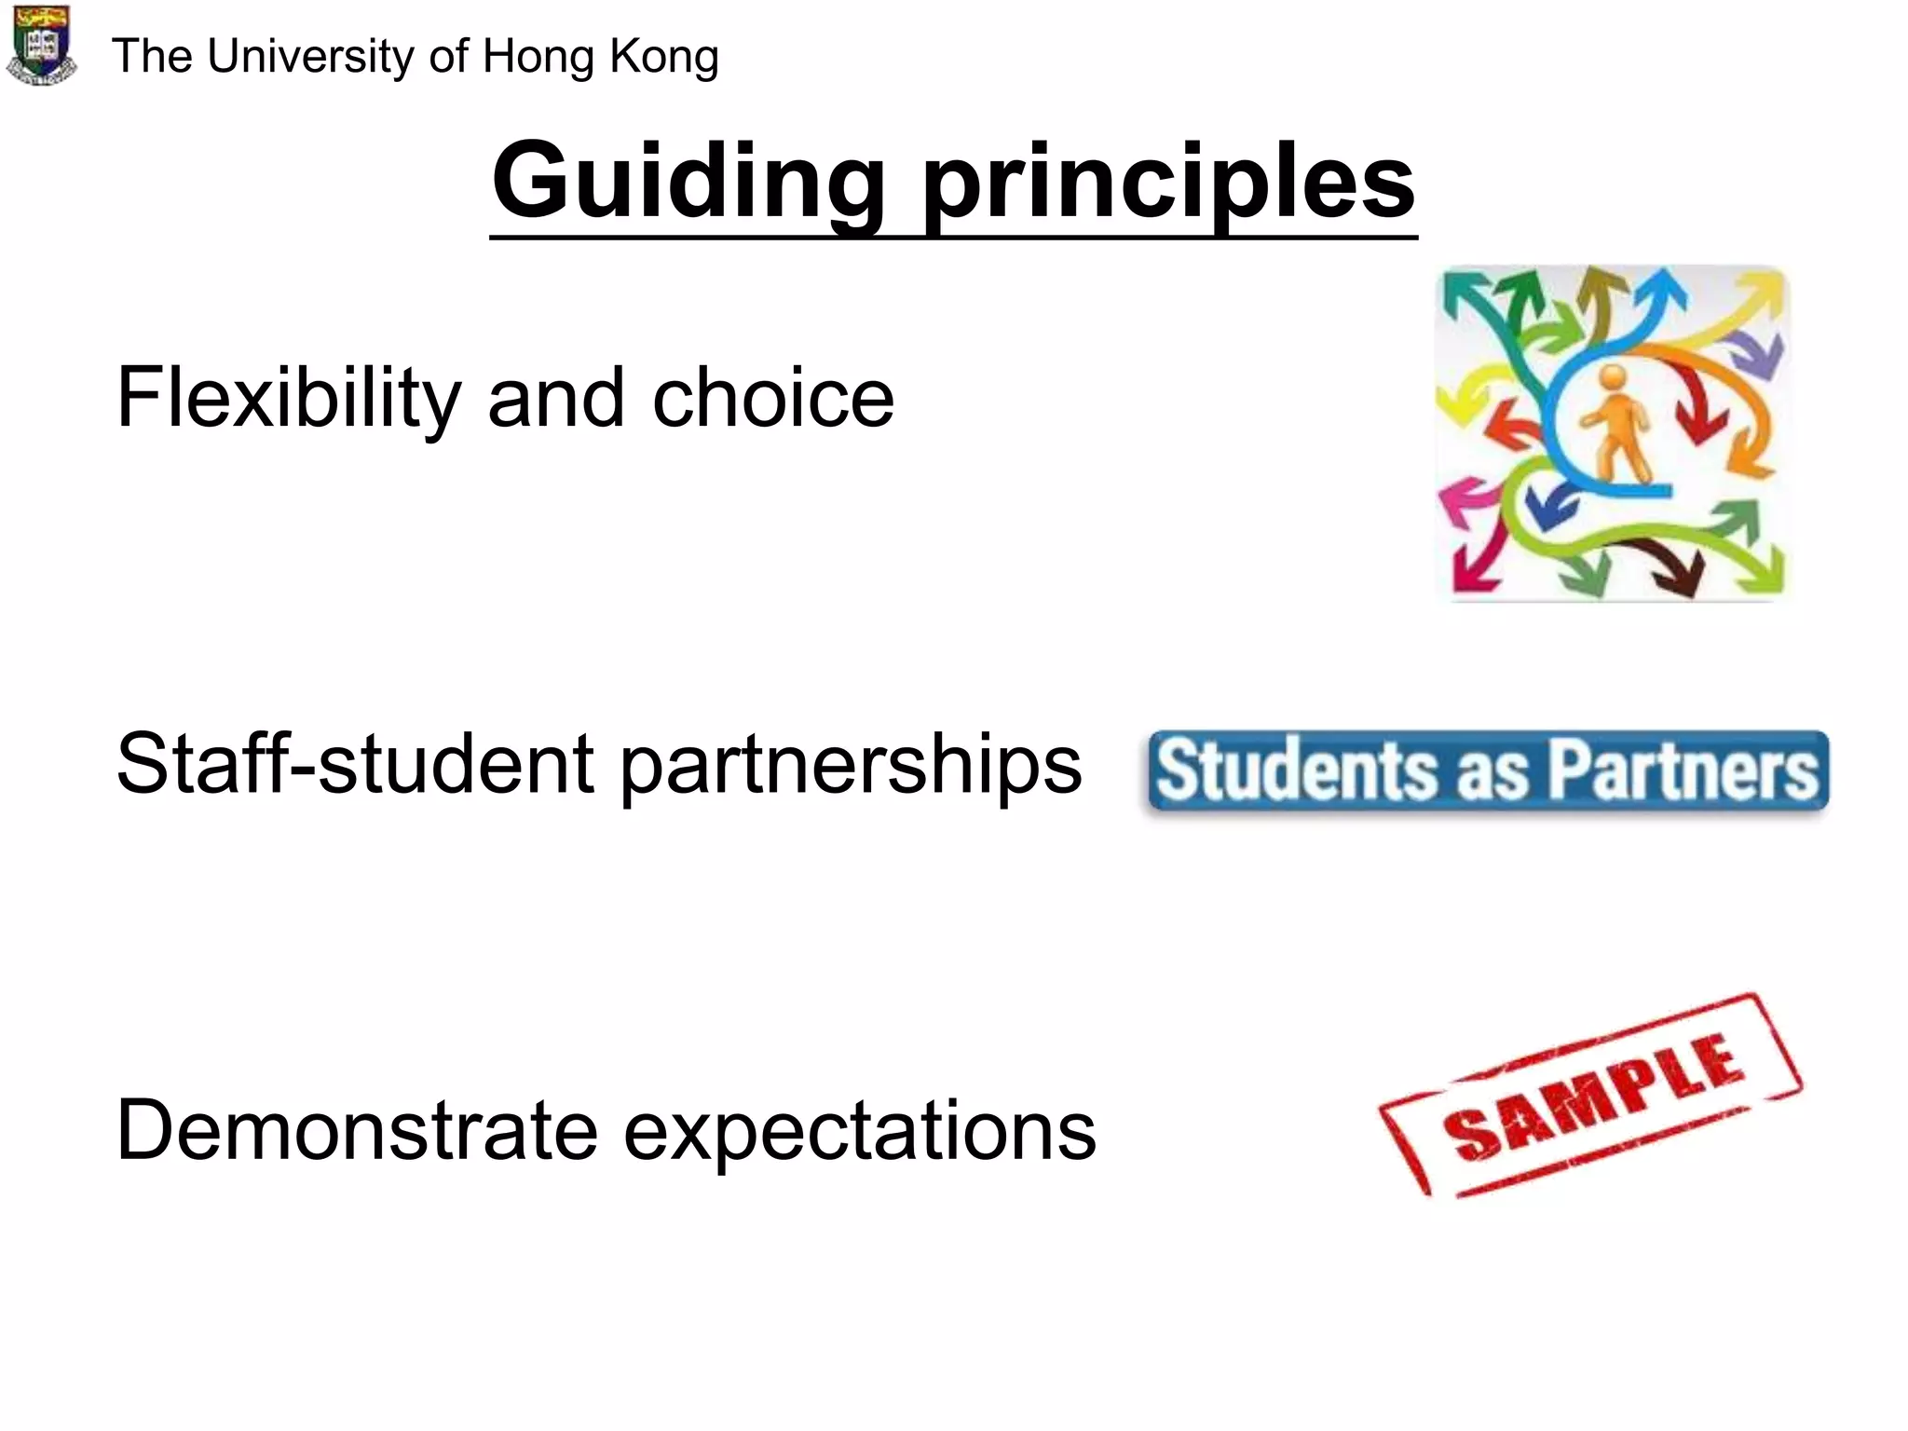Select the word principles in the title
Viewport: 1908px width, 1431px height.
tap(1168, 183)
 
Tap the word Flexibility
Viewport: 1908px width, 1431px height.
tap(288, 399)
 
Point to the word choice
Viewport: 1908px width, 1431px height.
tap(773, 399)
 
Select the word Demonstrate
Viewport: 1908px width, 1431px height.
tap(356, 1130)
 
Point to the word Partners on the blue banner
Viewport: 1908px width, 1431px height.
tap(1683, 770)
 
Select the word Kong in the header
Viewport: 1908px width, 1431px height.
tap(664, 56)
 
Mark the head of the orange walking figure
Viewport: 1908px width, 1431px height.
tap(1613, 378)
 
